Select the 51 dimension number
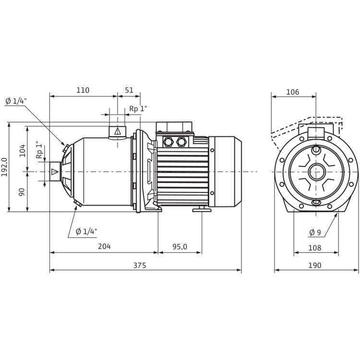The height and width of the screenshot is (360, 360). pos(129,90)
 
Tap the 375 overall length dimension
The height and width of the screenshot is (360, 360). pos(139,265)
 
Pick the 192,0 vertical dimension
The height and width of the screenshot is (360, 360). pos(5,168)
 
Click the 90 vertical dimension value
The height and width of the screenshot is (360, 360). pos(21,192)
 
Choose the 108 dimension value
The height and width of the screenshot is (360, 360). pos(314,249)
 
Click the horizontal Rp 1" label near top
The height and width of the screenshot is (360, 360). pos(138,109)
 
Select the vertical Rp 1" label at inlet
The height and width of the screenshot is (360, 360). pos(39,150)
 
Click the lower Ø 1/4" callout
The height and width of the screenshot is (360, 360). pos(86,232)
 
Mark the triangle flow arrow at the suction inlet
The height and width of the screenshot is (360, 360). pos(55,170)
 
